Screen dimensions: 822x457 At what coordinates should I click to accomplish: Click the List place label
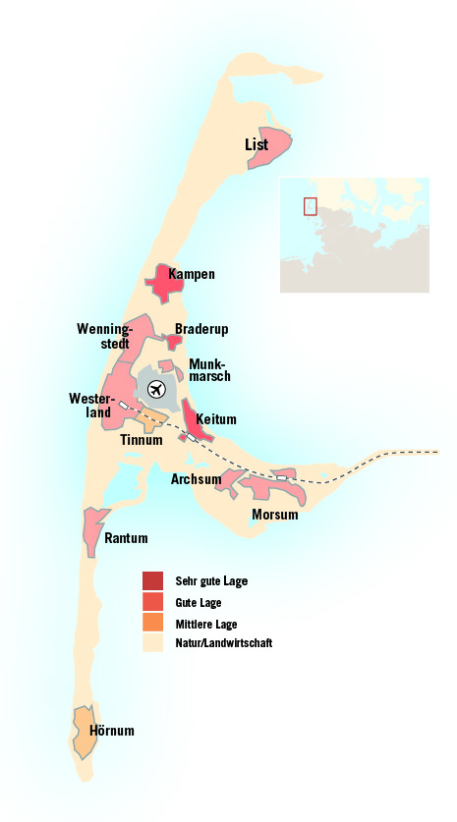click(257, 145)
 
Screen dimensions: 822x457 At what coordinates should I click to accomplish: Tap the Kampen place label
click(192, 274)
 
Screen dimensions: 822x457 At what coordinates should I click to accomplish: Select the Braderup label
click(201, 329)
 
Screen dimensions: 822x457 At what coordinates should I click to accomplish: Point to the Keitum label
click(216, 419)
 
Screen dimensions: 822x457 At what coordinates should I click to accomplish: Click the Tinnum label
click(141, 440)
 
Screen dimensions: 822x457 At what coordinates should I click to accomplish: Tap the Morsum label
click(274, 514)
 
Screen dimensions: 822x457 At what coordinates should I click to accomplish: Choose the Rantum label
click(127, 538)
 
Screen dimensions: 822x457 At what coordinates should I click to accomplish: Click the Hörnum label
click(111, 731)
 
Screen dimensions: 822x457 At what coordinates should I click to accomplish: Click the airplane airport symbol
click(156, 390)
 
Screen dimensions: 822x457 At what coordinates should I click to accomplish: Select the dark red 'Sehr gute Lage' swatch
click(152, 580)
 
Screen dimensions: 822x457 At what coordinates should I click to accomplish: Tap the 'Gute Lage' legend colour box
click(152, 601)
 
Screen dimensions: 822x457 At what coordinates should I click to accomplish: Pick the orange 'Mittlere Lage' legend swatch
click(152, 623)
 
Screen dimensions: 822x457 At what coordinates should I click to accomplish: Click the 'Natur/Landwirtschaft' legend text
click(223, 643)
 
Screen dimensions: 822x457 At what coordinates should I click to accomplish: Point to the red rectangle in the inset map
click(311, 206)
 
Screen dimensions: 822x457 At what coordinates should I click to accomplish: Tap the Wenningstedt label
click(103, 335)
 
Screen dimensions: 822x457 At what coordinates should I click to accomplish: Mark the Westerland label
click(89, 406)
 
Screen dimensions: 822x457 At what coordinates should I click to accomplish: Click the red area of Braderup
click(174, 342)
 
